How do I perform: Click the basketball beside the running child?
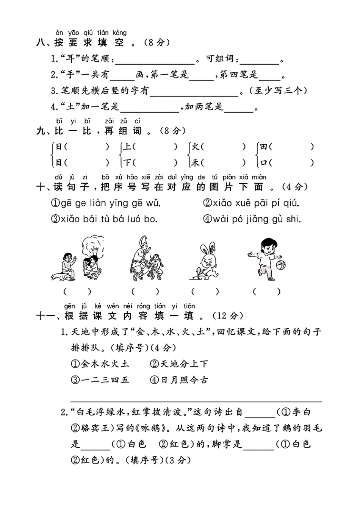click(280, 264)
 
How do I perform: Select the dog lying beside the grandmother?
click(62, 277)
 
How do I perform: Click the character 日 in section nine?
click(59, 147)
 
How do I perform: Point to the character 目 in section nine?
click(59, 163)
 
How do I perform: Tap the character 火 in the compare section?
click(196, 147)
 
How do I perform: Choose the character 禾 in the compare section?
click(196, 163)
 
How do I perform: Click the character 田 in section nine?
click(264, 147)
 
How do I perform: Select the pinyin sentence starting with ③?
click(104, 219)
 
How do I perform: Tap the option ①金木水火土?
click(100, 364)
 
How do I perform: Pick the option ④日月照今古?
click(179, 380)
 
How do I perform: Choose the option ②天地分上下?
click(179, 364)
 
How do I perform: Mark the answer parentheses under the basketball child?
click(267, 292)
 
